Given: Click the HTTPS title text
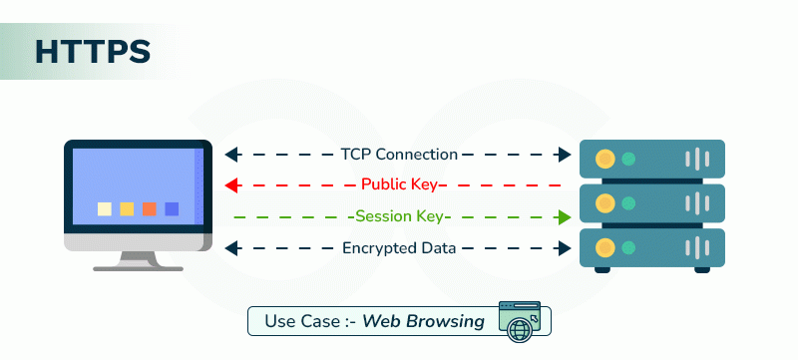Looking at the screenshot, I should coord(93,52).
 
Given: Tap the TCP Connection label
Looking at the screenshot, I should coord(399,155).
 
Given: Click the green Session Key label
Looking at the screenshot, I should coord(399,216).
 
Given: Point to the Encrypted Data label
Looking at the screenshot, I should coord(399,247).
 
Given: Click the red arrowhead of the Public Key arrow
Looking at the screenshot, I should coord(231,184).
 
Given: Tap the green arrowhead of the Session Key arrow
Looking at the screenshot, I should coord(565,216).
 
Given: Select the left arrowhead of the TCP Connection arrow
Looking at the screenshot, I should coord(231,155).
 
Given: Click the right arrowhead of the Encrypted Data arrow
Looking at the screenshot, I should coord(565,247).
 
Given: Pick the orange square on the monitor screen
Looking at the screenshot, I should coord(150,208).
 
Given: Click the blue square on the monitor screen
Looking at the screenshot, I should coord(172,208).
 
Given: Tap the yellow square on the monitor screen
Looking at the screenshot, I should coord(127,208).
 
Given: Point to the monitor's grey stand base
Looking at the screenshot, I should coord(138,266).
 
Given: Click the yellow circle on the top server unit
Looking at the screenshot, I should coord(603,159).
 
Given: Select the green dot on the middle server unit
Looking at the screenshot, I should coord(628,202).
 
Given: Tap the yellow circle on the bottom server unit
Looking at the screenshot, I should coord(603,246).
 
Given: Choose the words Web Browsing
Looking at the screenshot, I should coord(424,321).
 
